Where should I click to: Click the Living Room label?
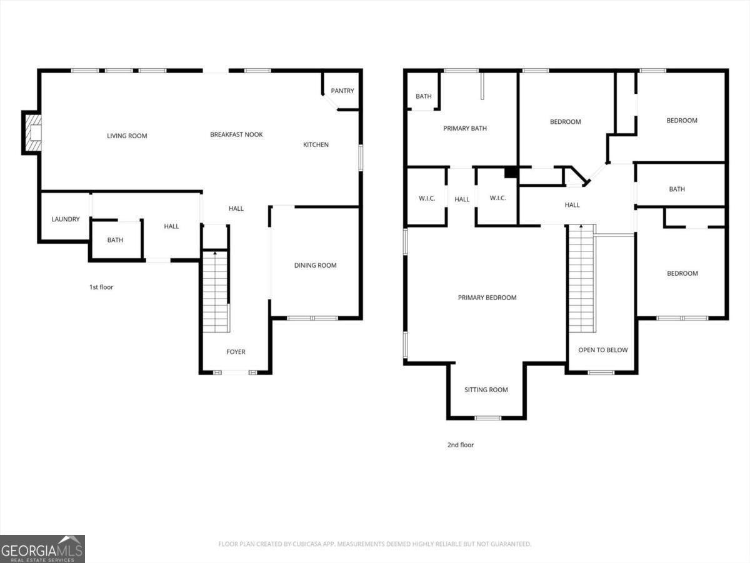tap(127, 136)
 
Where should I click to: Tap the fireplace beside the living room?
tap(32, 133)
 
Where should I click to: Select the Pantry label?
tap(342, 91)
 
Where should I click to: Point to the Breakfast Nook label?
tap(236, 134)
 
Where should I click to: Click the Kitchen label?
tap(316, 145)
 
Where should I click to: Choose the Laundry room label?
tap(66, 219)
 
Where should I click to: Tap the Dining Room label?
tap(316, 265)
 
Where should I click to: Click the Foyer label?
tap(236, 352)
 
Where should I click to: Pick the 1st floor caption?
tap(101, 287)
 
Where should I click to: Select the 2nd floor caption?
tap(461, 445)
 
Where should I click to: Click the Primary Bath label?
tap(465, 128)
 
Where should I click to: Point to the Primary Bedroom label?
tap(487, 297)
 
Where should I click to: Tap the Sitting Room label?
tap(486, 390)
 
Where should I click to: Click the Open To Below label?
tap(603, 350)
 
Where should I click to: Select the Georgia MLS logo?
tap(42, 549)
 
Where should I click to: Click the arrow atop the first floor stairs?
tap(215, 253)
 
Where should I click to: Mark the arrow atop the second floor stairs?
tap(581, 226)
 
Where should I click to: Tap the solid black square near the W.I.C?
tap(511, 173)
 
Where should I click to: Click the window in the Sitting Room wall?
tap(488, 418)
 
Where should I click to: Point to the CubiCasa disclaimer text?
tap(375, 544)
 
